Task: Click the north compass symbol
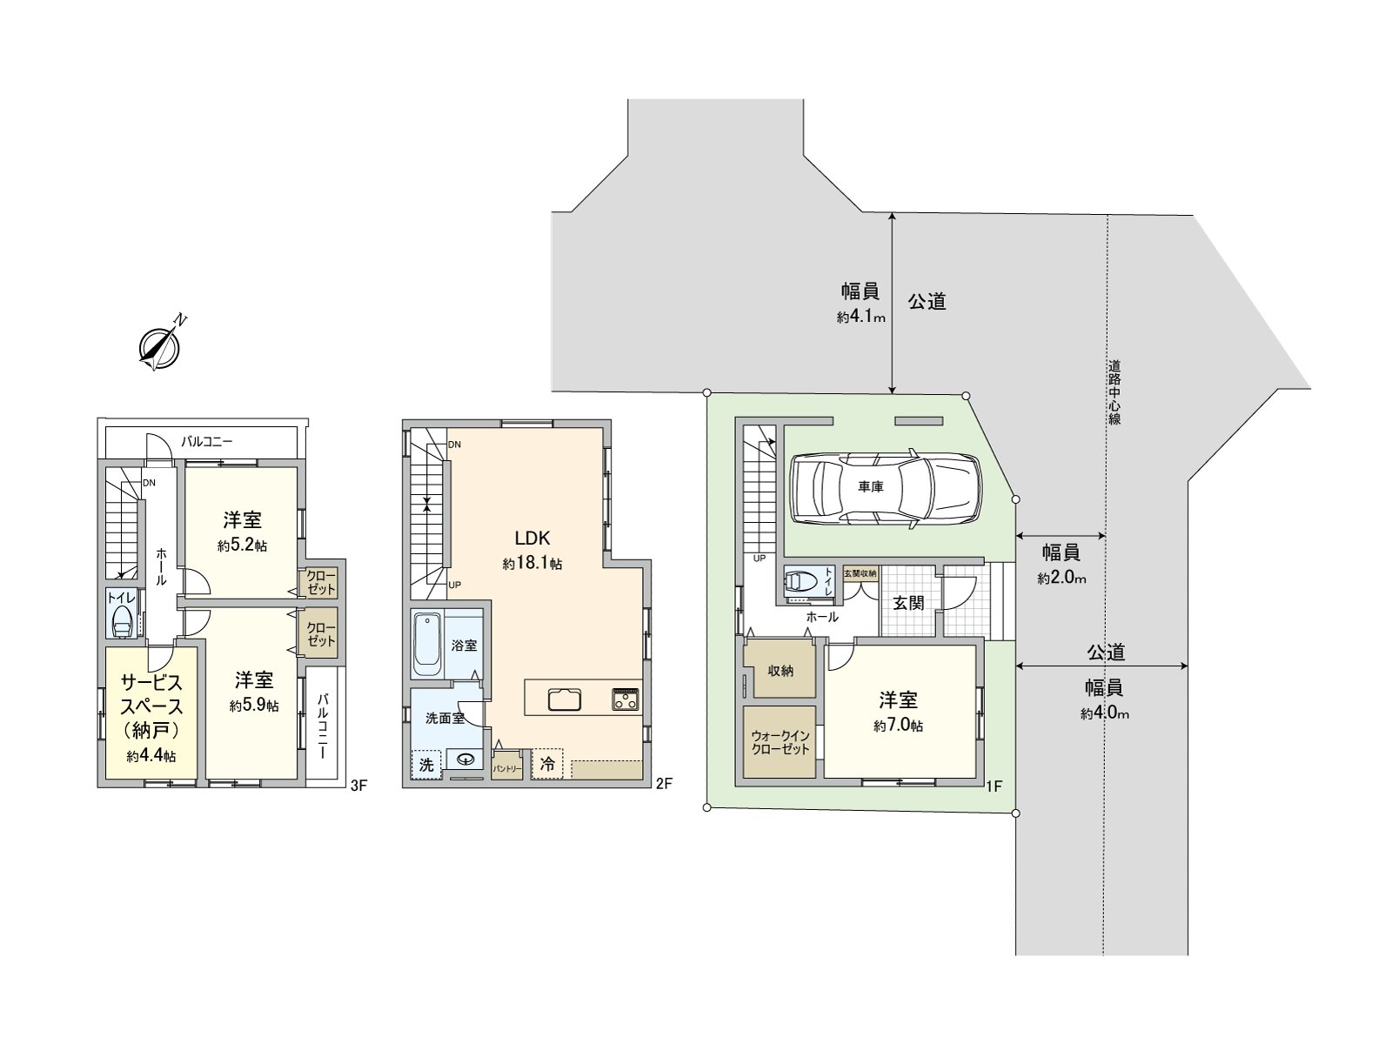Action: (x=159, y=347)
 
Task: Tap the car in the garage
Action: (x=886, y=489)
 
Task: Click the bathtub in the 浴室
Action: (x=426, y=645)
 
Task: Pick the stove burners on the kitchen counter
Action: (x=626, y=699)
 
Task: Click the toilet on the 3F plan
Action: (x=122, y=620)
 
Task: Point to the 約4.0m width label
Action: (x=1104, y=714)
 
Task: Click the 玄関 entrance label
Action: (x=908, y=603)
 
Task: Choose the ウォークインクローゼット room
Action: (x=780, y=742)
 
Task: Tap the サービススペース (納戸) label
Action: (x=151, y=706)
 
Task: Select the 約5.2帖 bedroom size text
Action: (x=242, y=546)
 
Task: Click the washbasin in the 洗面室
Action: (x=465, y=760)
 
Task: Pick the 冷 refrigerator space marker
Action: (x=547, y=765)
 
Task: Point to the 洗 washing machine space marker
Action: (x=426, y=765)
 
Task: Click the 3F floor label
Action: (x=358, y=786)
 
